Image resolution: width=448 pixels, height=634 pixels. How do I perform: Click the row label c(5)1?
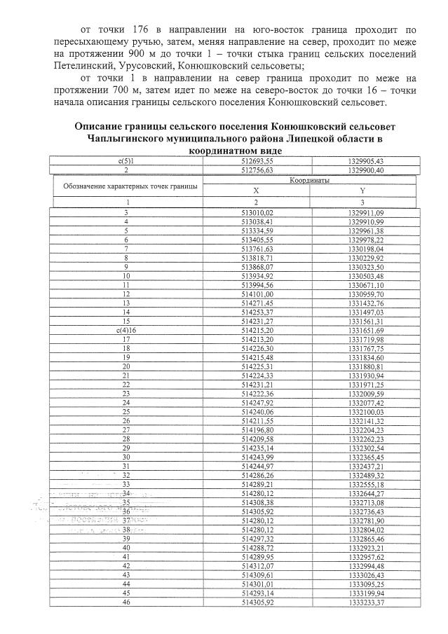pos(127,161)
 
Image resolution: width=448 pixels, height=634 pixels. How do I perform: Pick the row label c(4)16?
pos(127,329)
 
